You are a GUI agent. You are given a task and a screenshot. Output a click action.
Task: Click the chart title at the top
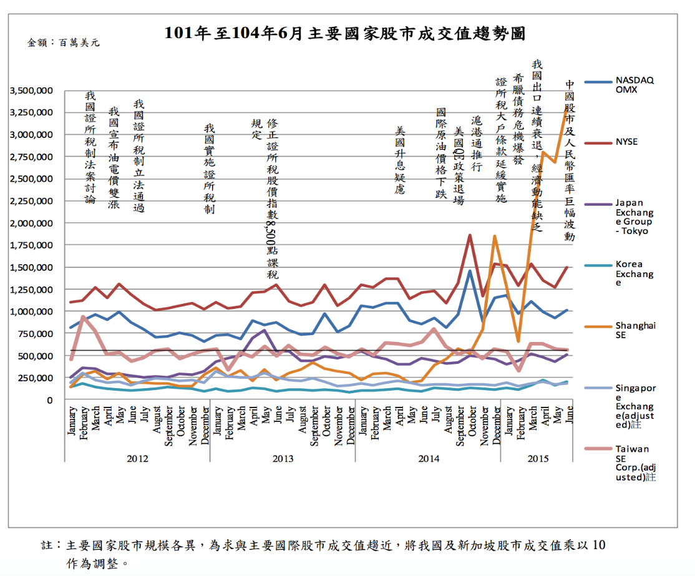click(x=345, y=33)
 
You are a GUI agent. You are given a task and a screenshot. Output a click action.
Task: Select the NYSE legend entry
click(x=626, y=142)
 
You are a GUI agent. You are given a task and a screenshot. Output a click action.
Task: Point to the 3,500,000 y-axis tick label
click(x=31, y=90)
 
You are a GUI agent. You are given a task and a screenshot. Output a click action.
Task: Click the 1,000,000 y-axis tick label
click(x=31, y=311)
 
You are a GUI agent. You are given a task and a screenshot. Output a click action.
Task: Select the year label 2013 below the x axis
click(x=283, y=459)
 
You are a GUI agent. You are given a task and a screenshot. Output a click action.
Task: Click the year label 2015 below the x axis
click(x=538, y=459)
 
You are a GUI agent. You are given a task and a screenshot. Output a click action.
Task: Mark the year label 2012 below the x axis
click(x=137, y=459)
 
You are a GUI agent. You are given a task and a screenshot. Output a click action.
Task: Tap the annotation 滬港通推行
click(x=477, y=144)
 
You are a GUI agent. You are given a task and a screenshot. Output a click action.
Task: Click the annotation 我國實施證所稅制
click(x=209, y=168)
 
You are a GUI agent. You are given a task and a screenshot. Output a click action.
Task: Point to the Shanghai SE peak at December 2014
click(x=494, y=236)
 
